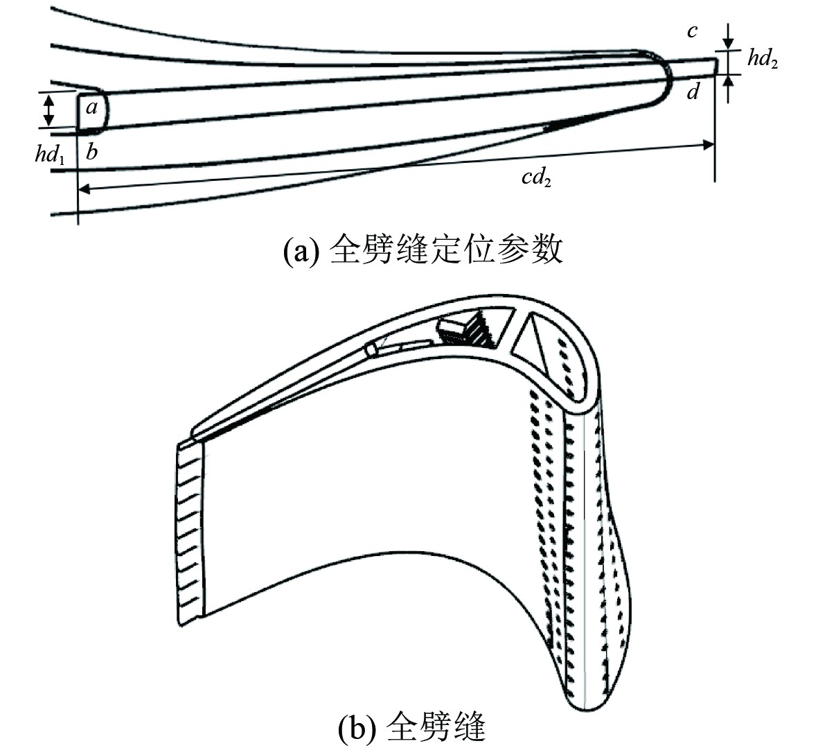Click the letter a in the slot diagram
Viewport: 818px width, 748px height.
click(93, 107)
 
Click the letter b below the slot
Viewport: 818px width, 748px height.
click(91, 153)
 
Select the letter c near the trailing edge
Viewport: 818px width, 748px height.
click(692, 31)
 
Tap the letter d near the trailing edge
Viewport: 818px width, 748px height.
click(693, 92)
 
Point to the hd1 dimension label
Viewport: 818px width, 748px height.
click(50, 154)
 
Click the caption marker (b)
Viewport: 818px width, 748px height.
click(355, 728)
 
